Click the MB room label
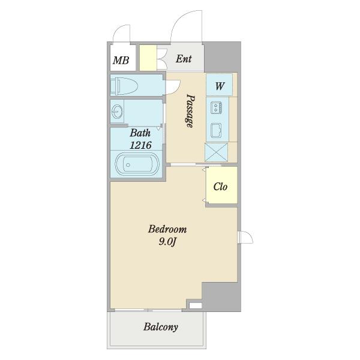pyautogui.click(x=121, y=61)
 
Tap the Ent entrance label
pyautogui.click(x=184, y=59)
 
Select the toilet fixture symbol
pyautogui.click(x=124, y=86)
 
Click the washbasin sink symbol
pyautogui.click(x=117, y=112)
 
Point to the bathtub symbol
pyautogui.click(x=134, y=164)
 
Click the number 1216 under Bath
pyautogui.click(x=140, y=145)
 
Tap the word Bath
pyautogui.click(x=140, y=133)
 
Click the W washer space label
pyautogui.click(x=220, y=86)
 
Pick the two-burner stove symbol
pyautogui.click(x=216, y=107)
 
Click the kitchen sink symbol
pyautogui.click(x=216, y=130)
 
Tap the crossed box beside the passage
pyautogui.click(x=216, y=152)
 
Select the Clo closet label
pyautogui.click(x=220, y=187)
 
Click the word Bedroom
pyautogui.click(x=167, y=229)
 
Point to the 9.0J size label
pyautogui.click(x=167, y=242)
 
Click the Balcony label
pyautogui.click(x=161, y=327)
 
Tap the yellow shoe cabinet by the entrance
pyautogui.click(x=148, y=58)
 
